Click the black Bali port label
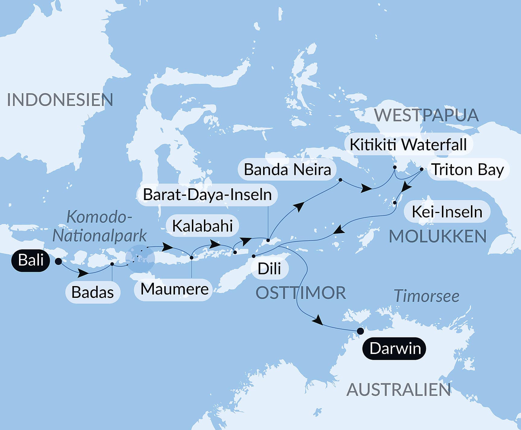[30, 260]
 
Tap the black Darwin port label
[394, 349]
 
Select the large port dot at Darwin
[360, 331]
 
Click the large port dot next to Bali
[59, 261]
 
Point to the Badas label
[93, 292]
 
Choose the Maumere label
[174, 289]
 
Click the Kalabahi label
[202, 226]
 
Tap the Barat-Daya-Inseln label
[207, 195]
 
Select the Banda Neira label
[287, 170]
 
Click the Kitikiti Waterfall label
[408, 145]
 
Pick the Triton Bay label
[468, 170]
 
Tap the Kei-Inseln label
[447, 212]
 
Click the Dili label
[269, 268]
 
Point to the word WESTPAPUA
[426, 115]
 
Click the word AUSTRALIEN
[399, 390]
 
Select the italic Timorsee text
[426, 296]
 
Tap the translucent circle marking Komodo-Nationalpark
[140, 259]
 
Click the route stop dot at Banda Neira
[340, 180]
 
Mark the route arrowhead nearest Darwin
[318, 320]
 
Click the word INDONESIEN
[60, 100]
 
